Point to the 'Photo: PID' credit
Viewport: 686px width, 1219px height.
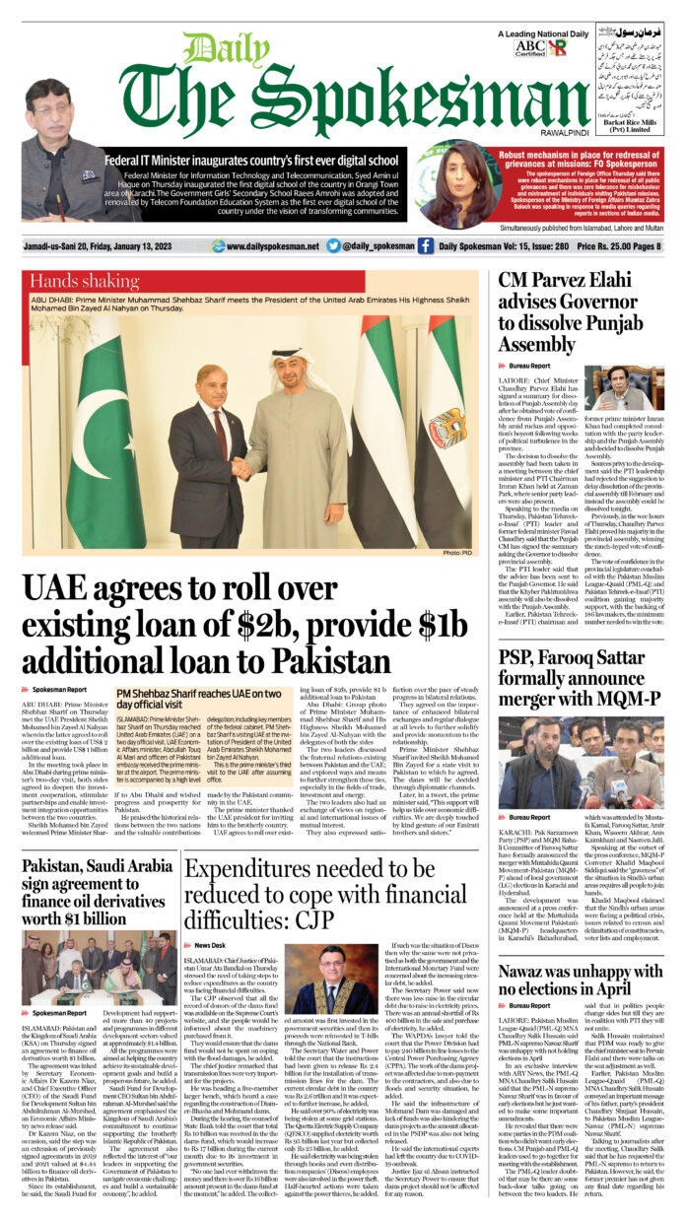tap(458, 553)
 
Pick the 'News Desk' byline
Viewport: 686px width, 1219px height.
tap(210, 944)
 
